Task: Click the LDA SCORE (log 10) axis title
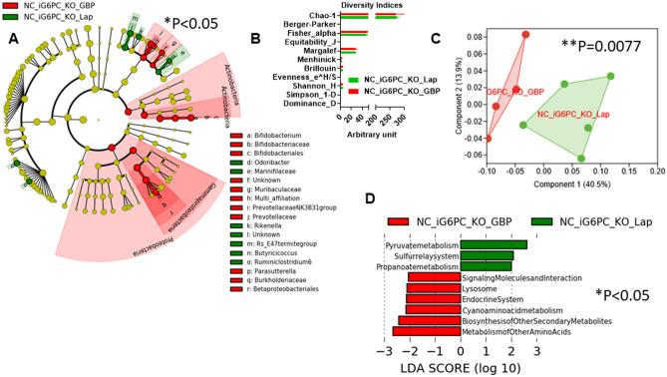460,367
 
